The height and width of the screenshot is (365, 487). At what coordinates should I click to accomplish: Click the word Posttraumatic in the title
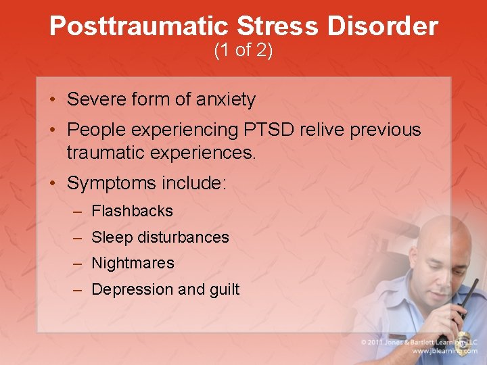[x=139, y=26]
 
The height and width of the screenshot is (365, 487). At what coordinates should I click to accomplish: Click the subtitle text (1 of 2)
[x=243, y=51]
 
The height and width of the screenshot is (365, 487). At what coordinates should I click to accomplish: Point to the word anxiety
[x=226, y=100]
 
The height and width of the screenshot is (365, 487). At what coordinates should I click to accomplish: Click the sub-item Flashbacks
[x=132, y=211]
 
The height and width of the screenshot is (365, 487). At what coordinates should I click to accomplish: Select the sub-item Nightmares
[x=133, y=263]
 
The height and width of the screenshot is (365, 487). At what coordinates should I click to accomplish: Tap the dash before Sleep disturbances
[x=78, y=237]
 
